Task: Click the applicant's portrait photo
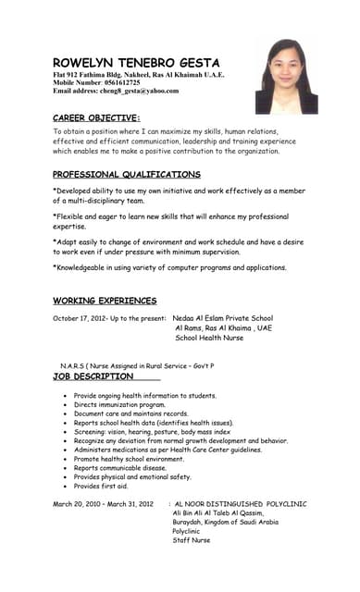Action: pos(292,76)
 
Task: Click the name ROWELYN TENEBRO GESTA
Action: pos(136,62)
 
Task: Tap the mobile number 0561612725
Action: pos(111,82)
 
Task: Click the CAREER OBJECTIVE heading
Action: pos(96,117)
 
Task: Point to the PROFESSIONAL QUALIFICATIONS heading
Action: pos(126,174)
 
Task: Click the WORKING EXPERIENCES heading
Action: pos(105,301)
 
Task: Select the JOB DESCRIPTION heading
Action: pos(93,376)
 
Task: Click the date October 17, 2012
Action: pos(80,317)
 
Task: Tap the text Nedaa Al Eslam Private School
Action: pos(223,317)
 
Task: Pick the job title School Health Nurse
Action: pos(209,338)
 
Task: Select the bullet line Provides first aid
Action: pos(101,486)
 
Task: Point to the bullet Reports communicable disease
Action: pos(120,467)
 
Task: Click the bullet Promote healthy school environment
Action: pos(129,458)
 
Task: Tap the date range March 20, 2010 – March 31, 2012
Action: pos(101,503)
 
